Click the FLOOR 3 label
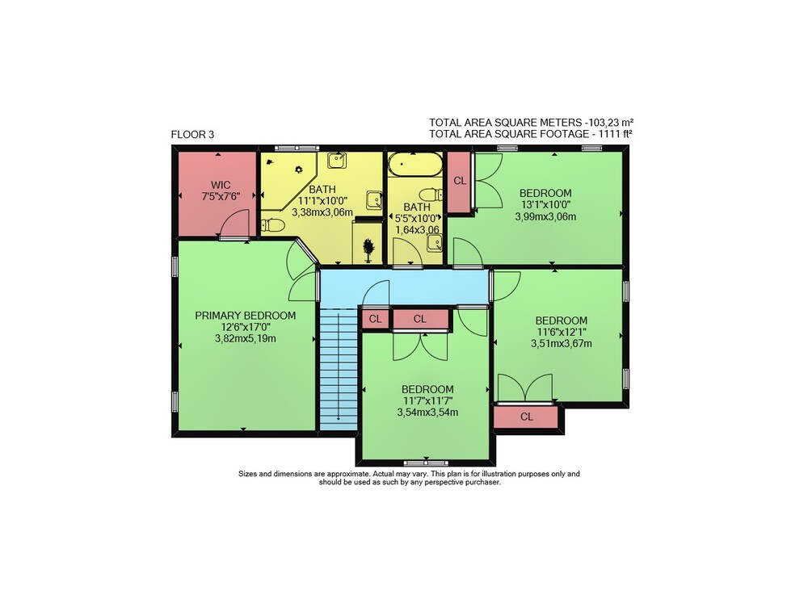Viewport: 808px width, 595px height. (192, 135)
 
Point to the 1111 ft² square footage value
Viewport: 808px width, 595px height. (616, 134)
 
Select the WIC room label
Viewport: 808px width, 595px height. (221, 185)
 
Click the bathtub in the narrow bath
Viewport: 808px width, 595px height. (415, 164)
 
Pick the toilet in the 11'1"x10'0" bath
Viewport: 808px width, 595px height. (272, 225)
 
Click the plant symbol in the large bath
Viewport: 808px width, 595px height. (368, 250)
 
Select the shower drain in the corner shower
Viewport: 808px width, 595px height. (298, 170)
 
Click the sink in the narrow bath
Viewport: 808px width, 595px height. (435, 243)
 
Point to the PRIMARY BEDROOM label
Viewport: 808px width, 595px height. (246, 316)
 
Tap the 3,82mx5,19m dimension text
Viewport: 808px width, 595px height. (246, 339)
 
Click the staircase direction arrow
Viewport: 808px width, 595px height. (338, 366)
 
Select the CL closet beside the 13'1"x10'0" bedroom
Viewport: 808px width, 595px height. (459, 181)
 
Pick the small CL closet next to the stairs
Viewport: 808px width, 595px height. (375, 319)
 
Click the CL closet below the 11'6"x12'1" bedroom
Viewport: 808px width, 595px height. (526, 417)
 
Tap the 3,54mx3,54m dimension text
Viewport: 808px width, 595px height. (427, 413)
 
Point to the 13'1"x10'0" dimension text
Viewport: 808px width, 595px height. (545, 205)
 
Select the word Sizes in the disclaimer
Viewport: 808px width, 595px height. (246, 474)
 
